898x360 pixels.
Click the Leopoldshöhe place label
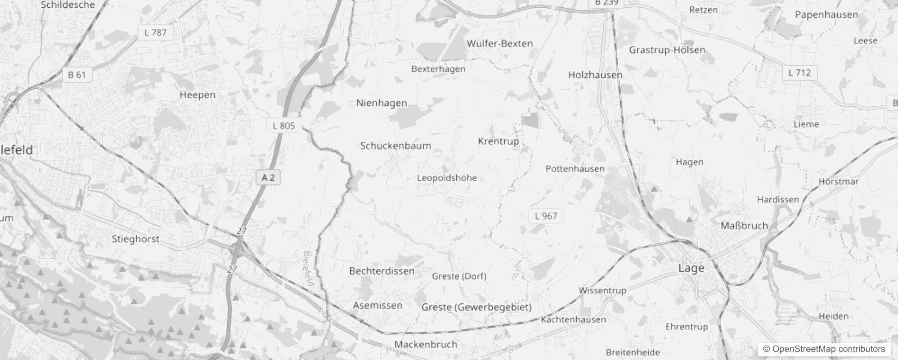tap(447, 178)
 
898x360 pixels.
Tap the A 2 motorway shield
tap(268, 178)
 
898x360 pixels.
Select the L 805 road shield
tap(283, 126)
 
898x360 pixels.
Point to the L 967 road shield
tap(546, 216)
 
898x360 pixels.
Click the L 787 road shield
tap(155, 32)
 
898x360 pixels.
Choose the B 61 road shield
tap(76, 75)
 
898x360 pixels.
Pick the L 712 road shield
tap(799, 72)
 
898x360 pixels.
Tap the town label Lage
tap(691, 268)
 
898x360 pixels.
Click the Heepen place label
tap(198, 95)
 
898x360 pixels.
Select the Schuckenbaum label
tap(395, 146)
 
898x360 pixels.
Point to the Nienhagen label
tap(382, 103)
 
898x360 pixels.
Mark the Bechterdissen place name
tap(382, 271)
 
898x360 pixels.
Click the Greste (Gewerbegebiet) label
tap(476, 307)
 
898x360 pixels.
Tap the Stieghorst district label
tap(135, 239)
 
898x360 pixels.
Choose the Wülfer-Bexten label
tap(499, 44)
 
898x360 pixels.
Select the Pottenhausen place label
tap(575, 169)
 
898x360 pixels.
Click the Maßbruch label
tap(744, 225)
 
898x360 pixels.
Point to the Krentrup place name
tap(498, 141)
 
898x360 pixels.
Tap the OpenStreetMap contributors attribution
tap(824, 349)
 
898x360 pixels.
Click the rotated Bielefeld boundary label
tap(308, 269)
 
